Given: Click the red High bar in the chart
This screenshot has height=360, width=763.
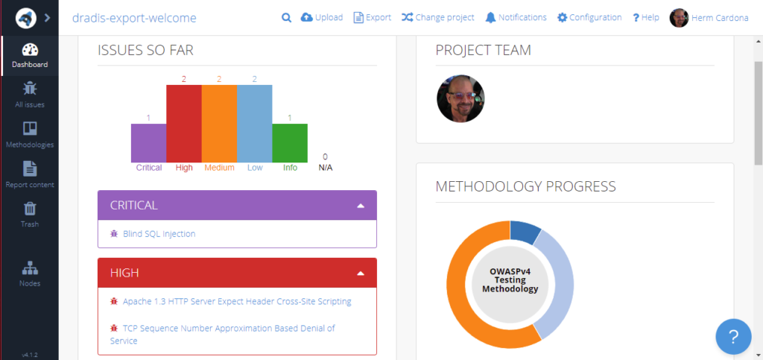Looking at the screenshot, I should pos(183,123).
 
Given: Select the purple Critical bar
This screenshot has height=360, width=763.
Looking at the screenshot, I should pos(148,142).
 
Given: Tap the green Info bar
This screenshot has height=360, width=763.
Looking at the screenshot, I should pos(290,142).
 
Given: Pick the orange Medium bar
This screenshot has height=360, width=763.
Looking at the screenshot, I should pos(219,123).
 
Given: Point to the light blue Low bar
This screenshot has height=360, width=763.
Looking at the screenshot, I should pos(254,123).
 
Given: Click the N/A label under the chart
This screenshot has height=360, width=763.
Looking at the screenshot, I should pos(326,168).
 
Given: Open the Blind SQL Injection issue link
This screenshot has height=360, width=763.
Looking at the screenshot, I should pos(159,234).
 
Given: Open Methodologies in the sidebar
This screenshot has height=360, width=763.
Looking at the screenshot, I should pos(30,134).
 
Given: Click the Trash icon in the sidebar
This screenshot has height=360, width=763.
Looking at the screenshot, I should pos(30,209).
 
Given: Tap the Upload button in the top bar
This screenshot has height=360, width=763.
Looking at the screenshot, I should pos(322,17).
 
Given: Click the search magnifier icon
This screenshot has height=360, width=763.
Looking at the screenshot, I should pos(286,17).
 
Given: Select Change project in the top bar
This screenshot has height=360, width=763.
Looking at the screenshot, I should pos(438,17).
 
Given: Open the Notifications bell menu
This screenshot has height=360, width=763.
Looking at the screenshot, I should pos(515,17).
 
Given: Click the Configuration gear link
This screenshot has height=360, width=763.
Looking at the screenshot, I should pos(589,17).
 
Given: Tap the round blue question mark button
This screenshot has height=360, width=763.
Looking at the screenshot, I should pos(733,337).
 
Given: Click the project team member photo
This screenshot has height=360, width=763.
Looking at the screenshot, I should pos(460,98).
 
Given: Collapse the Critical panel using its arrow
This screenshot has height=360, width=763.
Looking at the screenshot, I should pos(361,205).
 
